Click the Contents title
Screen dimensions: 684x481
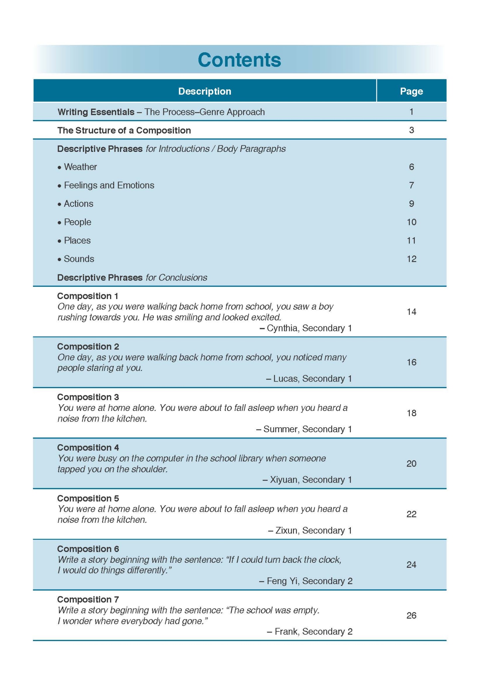pyautogui.click(x=239, y=60)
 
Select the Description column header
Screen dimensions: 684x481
pyautogui.click(x=204, y=91)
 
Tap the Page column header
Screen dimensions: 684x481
pyautogui.click(x=411, y=91)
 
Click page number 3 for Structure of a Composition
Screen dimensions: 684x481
pyautogui.click(x=411, y=130)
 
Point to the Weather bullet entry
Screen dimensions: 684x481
pyautogui.click(x=80, y=167)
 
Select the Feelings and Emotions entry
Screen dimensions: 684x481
pyautogui.click(x=109, y=185)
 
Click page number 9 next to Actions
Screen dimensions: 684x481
pyautogui.click(x=411, y=203)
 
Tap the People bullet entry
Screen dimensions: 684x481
pyautogui.click(x=77, y=222)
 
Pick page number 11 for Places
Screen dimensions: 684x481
pyautogui.click(x=411, y=240)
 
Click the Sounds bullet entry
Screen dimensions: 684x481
pyautogui.click(x=79, y=259)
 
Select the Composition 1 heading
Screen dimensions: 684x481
pyautogui.click(x=88, y=296)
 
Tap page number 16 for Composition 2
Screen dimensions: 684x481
pyautogui.click(x=411, y=362)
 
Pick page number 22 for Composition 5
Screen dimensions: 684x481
pyautogui.click(x=411, y=514)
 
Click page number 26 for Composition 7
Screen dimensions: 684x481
pyautogui.click(x=411, y=615)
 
